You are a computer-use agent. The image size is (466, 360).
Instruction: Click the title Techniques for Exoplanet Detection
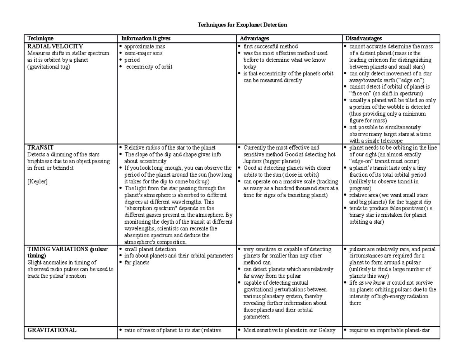click(x=242, y=25)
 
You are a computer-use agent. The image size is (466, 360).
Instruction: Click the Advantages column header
click(x=254, y=38)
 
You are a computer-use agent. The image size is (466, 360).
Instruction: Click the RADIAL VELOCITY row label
click(x=55, y=47)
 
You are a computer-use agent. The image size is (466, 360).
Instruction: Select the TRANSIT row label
click(x=40, y=148)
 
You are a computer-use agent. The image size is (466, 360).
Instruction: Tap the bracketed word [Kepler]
click(x=37, y=182)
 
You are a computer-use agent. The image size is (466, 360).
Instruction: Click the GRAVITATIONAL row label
click(x=52, y=330)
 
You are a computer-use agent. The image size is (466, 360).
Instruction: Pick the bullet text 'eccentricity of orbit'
click(x=149, y=67)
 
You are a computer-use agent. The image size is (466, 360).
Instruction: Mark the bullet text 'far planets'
click(x=137, y=263)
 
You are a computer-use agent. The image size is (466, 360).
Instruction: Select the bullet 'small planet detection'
click(x=150, y=249)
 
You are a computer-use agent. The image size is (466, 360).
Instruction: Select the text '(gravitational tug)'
click(x=49, y=67)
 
